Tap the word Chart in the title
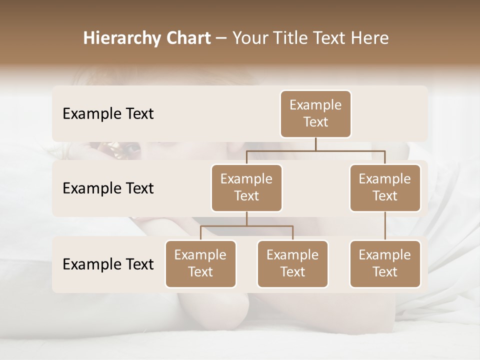[186, 38]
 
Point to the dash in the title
[221, 38]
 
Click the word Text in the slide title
[332, 38]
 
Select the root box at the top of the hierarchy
[315, 114]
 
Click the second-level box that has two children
[246, 188]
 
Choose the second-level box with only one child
[385, 188]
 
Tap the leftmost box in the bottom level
[200, 264]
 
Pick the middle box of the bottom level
[292, 264]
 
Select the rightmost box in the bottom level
[385, 264]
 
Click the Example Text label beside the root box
[108, 114]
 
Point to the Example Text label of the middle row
[108, 188]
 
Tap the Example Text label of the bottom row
[108, 264]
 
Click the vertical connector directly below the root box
[315, 144]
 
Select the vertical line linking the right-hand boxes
[385, 226]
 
